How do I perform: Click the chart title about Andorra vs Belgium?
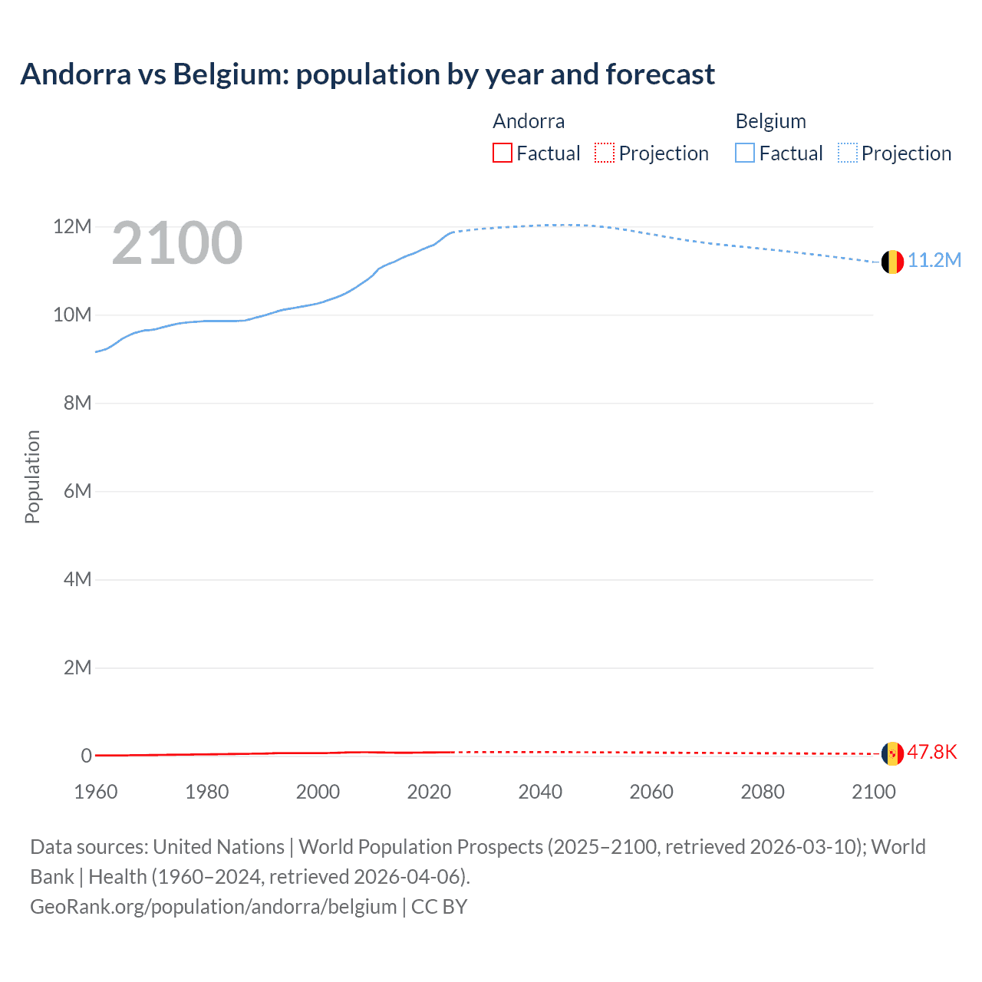tap(367, 74)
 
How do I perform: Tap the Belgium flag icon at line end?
tap(892, 262)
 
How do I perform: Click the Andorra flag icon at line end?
tap(892, 753)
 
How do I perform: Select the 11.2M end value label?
tap(934, 260)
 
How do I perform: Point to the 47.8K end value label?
tap(932, 752)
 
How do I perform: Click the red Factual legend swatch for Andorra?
tap(503, 153)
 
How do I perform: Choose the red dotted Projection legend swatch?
tap(605, 153)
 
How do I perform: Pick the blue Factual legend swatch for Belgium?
tap(745, 153)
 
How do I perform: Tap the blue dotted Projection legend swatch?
tap(848, 153)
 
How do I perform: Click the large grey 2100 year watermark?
tap(177, 243)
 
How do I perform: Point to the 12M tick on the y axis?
tap(72, 227)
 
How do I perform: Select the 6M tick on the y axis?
tap(77, 491)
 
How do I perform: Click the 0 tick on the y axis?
tap(87, 756)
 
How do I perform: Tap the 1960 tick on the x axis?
tap(96, 792)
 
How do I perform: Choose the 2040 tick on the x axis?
tap(540, 792)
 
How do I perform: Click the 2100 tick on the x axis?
tap(873, 792)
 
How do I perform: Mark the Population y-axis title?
tap(32, 476)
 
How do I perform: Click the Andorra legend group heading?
tap(529, 121)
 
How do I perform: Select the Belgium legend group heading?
tap(770, 121)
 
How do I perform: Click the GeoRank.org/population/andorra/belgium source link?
tap(213, 907)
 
